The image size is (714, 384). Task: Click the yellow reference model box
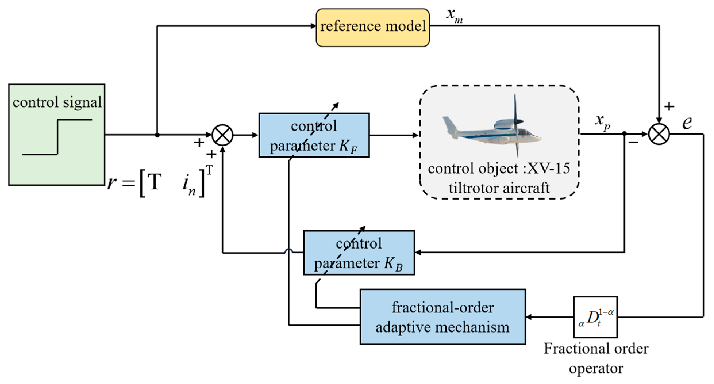coord(372,27)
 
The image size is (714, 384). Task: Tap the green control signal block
coord(57,135)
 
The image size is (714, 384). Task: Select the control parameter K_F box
coord(314,135)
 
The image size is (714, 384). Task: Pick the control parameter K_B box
coord(359,253)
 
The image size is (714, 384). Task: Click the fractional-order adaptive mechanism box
coord(442,317)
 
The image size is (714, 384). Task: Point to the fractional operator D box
coord(595,317)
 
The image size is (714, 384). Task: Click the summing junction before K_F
coord(222,135)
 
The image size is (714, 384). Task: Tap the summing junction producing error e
coord(659,134)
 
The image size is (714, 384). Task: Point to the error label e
coord(687,123)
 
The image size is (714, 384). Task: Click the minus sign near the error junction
coord(634,142)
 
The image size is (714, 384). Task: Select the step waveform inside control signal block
coord(57,137)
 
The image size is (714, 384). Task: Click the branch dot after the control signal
coord(157,135)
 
